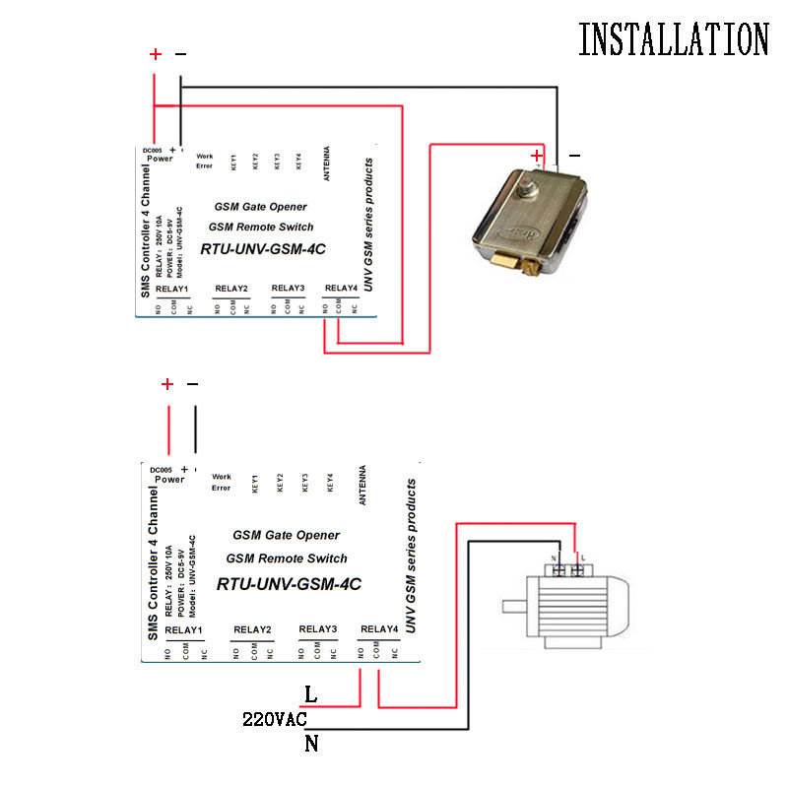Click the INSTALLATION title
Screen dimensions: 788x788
673,39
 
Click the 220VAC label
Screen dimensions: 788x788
275,720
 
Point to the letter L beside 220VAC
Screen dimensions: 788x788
311,694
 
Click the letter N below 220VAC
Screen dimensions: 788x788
311,745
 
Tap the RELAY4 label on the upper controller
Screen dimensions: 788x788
341,288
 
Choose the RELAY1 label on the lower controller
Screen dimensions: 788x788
183,629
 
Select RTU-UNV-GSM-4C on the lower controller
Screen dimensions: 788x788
289,583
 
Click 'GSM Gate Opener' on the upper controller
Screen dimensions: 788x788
260,207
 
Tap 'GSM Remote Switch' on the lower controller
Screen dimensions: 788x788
286,558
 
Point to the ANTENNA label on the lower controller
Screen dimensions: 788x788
363,486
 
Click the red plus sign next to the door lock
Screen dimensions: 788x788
537,155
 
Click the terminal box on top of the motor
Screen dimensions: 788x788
569,568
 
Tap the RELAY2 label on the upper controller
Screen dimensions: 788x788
231,288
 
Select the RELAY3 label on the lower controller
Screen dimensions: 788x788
317,629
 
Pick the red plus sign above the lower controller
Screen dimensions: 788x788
167,384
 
